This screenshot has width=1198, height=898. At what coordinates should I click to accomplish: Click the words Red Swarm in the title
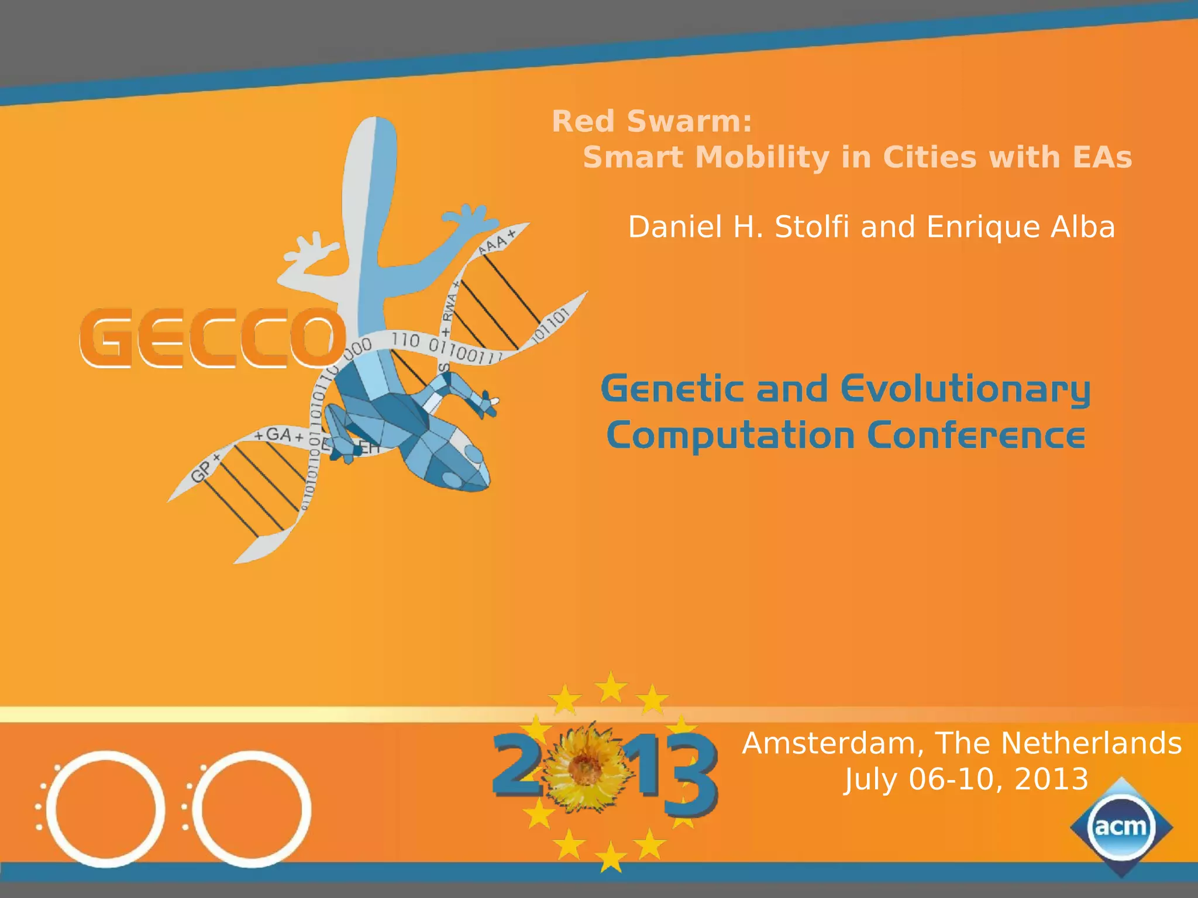click(x=651, y=122)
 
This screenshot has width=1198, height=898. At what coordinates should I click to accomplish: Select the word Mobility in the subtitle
click(x=762, y=157)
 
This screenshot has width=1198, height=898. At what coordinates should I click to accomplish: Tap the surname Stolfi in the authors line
click(x=811, y=227)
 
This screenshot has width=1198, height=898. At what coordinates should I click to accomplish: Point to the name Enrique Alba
click(x=1020, y=227)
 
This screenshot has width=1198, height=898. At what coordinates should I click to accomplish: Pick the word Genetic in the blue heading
click(x=673, y=389)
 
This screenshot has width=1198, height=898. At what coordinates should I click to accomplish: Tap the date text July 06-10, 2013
click(x=966, y=779)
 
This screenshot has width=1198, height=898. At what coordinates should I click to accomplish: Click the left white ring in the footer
click(x=105, y=809)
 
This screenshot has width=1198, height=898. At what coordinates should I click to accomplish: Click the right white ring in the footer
click(x=252, y=809)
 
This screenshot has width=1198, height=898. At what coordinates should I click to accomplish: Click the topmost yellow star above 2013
click(x=611, y=687)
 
